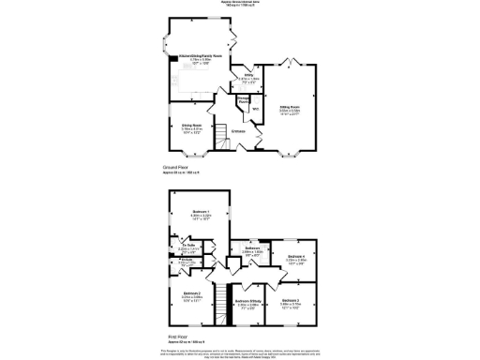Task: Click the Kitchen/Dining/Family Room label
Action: pos(201,57)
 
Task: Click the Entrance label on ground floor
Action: pos(239,131)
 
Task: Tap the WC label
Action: pos(254,108)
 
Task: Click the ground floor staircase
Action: pos(220,138)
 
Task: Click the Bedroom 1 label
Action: pos(200,212)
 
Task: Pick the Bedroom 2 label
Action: pos(191,293)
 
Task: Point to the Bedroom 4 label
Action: pos(295,256)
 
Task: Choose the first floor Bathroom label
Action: pos(252,247)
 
